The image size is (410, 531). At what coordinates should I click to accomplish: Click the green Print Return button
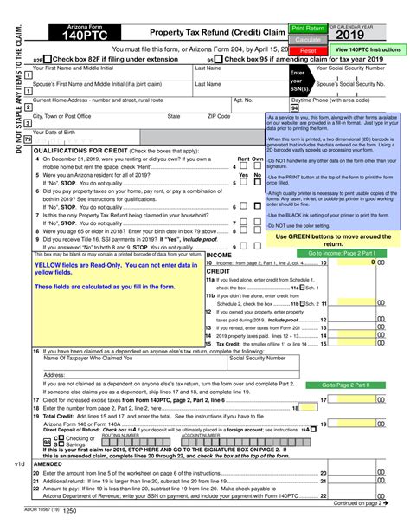tap(308, 29)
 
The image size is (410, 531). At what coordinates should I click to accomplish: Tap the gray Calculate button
tap(308, 40)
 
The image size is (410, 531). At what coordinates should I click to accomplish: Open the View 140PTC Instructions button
tap(368, 50)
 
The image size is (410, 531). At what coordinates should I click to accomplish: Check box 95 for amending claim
tap(218, 62)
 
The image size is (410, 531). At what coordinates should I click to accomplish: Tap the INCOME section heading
tap(219, 256)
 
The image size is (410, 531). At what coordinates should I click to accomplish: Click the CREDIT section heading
tap(218, 271)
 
